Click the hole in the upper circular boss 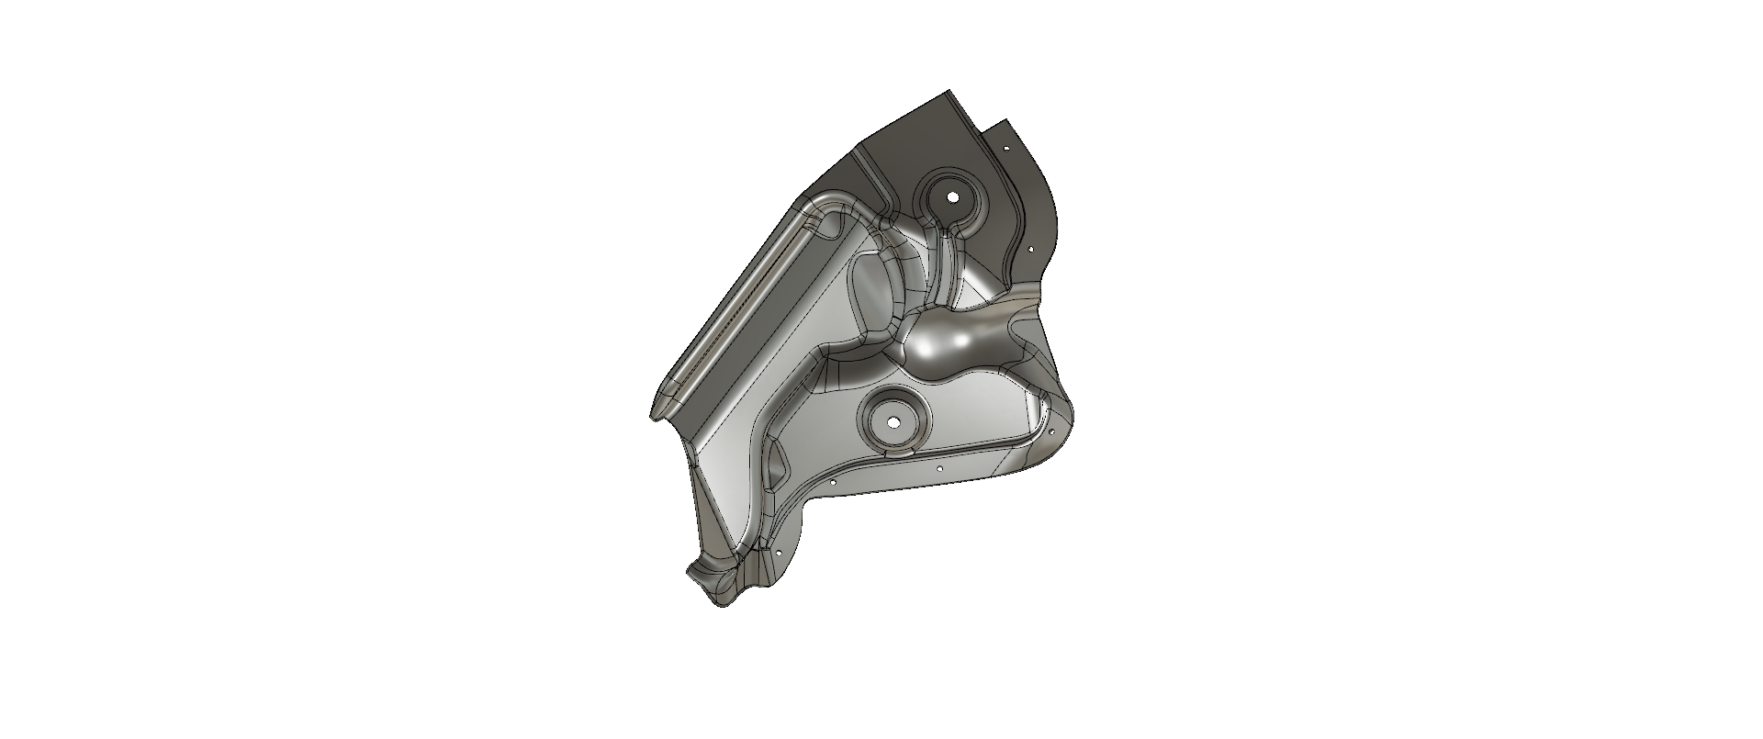pyautogui.click(x=952, y=197)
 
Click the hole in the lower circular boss pyautogui.click(x=893, y=423)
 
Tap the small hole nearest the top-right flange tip pyautogui.click(x=1006, y=147)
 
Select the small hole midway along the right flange pyautogui.click(x=1030, y=248)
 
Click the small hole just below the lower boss pyautogui.click(x=939, y=468)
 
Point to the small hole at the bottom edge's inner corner pyautogui.click(x=832, y=480)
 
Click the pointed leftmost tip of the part pyautogui.click(x=653, y=418)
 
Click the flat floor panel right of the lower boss pyautogui.click(x=983, y=422)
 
